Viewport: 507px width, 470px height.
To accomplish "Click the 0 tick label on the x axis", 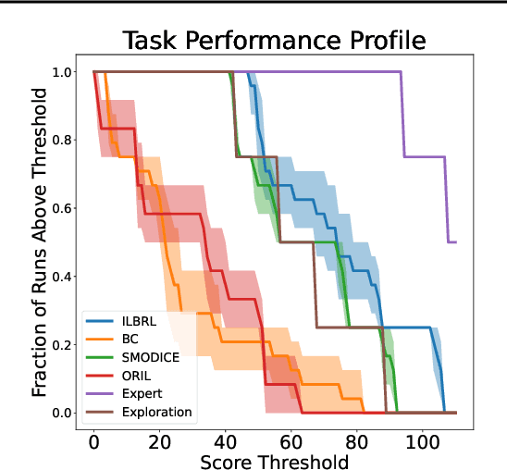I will click(93, 436).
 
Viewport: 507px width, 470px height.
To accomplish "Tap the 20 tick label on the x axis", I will click(159, 436).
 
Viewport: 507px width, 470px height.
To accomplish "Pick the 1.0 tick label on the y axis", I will click(62, 72).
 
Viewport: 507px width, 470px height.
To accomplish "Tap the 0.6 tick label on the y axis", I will click(62, 208).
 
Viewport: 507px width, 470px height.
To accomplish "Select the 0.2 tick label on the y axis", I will click(62, 344).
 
